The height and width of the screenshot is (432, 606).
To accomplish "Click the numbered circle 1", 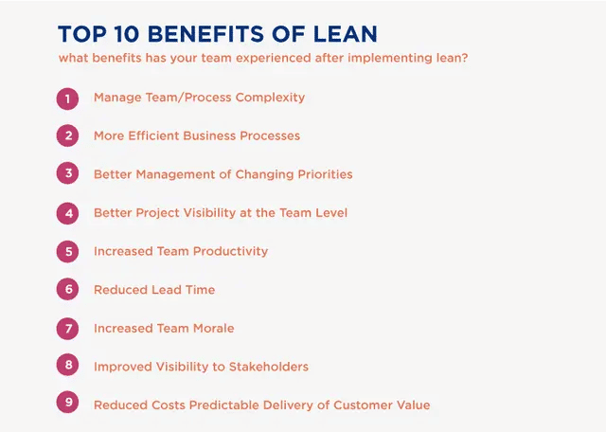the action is (67, 99).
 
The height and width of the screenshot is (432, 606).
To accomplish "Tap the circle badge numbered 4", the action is (67, 213).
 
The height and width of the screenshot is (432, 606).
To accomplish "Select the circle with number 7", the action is (67, 329).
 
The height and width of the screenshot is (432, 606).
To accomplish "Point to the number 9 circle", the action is (67, 402).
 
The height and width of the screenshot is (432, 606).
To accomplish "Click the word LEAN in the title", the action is (345, 34).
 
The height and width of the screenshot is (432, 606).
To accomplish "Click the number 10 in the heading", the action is (127, 34).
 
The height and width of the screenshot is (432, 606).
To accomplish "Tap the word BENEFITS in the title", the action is (206, 34).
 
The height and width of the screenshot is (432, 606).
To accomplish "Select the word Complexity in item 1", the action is (270, 98).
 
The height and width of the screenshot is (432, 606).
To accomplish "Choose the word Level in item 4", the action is (332, 213).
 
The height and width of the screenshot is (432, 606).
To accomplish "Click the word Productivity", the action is (230, 251).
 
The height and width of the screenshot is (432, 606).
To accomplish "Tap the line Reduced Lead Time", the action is (154, 290).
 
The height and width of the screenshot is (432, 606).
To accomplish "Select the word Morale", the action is (214, 329).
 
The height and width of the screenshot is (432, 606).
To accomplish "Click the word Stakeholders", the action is (269, 367).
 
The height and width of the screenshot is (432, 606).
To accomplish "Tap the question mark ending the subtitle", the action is (464, 58).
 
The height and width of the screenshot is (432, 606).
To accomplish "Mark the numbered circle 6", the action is (67, 289).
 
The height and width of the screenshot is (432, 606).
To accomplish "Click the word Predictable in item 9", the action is (224, 405).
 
